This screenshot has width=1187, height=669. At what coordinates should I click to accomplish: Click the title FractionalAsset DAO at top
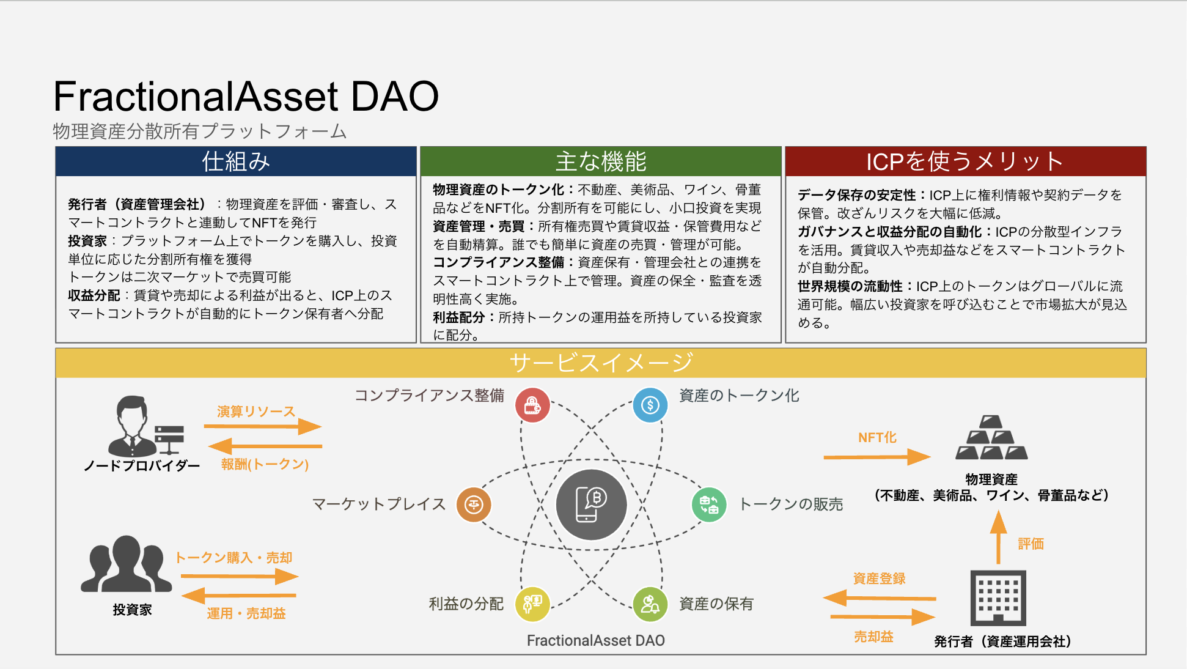point(246,97)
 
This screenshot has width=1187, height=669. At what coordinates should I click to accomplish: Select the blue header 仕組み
point(236,161)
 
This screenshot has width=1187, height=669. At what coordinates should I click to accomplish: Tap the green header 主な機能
point(600,161)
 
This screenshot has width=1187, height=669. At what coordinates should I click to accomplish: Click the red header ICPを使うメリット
point(965,161)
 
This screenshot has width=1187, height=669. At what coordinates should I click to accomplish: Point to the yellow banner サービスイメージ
point(600,363)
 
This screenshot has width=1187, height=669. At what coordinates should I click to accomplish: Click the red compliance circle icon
point(532,405)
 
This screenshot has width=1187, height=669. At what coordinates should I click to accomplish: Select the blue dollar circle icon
point(650,405)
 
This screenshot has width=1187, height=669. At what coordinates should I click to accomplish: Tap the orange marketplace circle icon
point(474,505)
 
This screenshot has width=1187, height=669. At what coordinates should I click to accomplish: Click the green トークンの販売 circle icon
point(708,505)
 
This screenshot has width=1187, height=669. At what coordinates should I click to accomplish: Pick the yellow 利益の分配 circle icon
point(532,604)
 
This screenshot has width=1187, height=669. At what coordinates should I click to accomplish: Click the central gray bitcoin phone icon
point(591,505)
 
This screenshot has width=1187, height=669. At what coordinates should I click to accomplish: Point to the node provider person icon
point(133,426)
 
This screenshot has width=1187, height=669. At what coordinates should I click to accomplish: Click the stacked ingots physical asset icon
point(991,438)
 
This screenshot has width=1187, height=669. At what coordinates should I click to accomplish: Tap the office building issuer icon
point(998,598)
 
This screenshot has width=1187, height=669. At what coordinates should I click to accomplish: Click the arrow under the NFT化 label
point(876,457)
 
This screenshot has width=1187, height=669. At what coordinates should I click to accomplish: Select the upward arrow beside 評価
point(998,538)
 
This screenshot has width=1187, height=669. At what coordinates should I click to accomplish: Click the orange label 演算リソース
point(256,412)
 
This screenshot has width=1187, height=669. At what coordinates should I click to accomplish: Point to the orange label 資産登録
point(879,578)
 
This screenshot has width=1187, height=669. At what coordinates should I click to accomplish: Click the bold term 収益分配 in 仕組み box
point(94,295)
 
